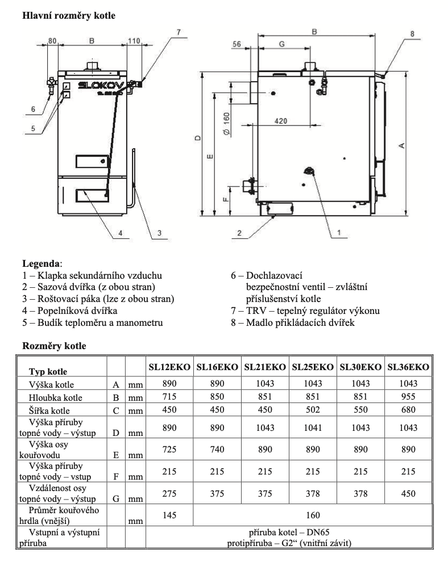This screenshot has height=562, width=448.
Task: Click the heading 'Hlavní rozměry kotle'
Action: (68, 16)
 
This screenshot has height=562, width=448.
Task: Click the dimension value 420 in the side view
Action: (280, 121)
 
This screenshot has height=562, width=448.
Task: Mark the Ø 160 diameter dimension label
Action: (226, 123)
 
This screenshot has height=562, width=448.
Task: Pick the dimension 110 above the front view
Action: (133, 41)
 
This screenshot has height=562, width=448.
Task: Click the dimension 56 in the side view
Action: (237, 44)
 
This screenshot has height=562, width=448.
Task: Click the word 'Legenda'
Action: (40, 263)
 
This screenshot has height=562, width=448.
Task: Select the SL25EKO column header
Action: (313, 367)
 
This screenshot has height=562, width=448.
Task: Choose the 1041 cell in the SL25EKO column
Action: (313, 427)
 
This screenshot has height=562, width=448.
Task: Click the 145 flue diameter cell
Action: (169, 515)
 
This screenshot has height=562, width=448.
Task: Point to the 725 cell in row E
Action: (169, 449)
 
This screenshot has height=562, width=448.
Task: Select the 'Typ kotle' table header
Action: (48, 371)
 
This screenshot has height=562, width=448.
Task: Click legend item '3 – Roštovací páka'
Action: (98, 298)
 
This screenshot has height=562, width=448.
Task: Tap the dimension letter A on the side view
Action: (402, 146)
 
